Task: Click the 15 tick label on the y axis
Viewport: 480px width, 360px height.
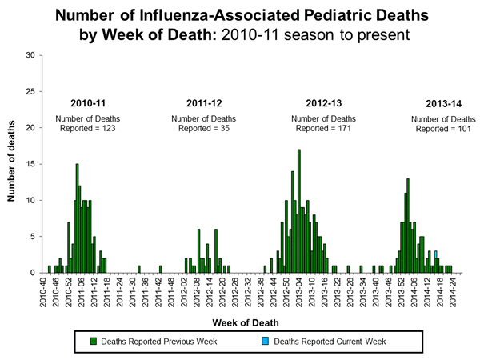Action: pos(30,164)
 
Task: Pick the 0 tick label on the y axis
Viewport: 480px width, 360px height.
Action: pos(33,273)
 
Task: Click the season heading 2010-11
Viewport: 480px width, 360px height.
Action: pos(87,103)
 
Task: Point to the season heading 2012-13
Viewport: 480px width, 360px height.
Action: pos(322,103)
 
